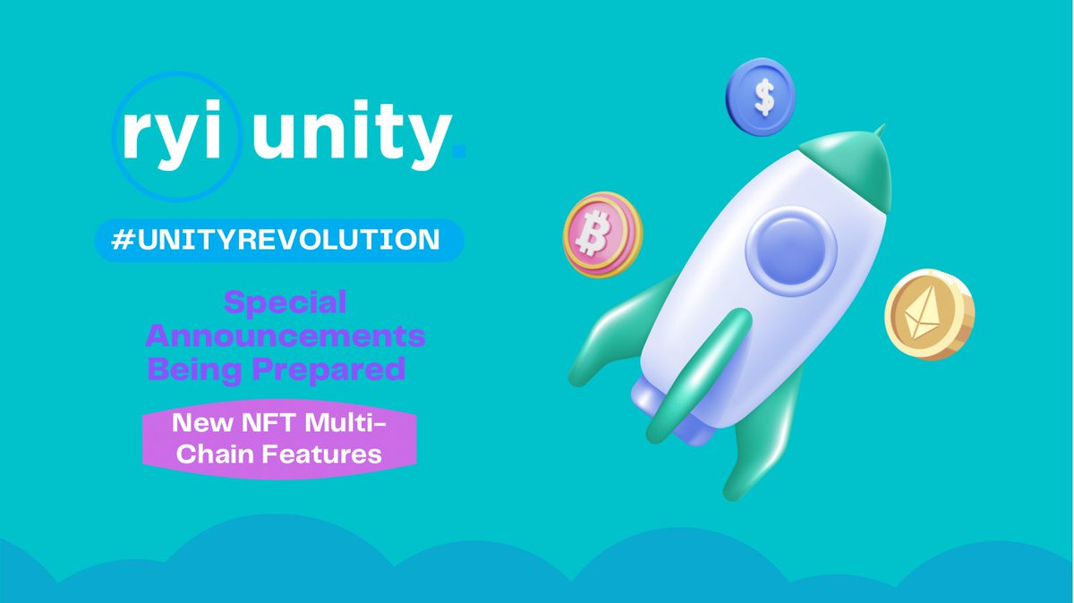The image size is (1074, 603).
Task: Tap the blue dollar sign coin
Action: (x=760, y=98)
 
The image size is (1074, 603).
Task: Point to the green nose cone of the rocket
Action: (x=859, y=166)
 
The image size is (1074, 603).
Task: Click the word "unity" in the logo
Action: (x=349, y=140)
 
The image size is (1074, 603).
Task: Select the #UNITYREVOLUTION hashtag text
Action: (x=278, y=240)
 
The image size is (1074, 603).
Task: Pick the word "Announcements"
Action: (x=285, y=336)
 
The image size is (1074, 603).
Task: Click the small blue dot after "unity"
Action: (x=460, y=155)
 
